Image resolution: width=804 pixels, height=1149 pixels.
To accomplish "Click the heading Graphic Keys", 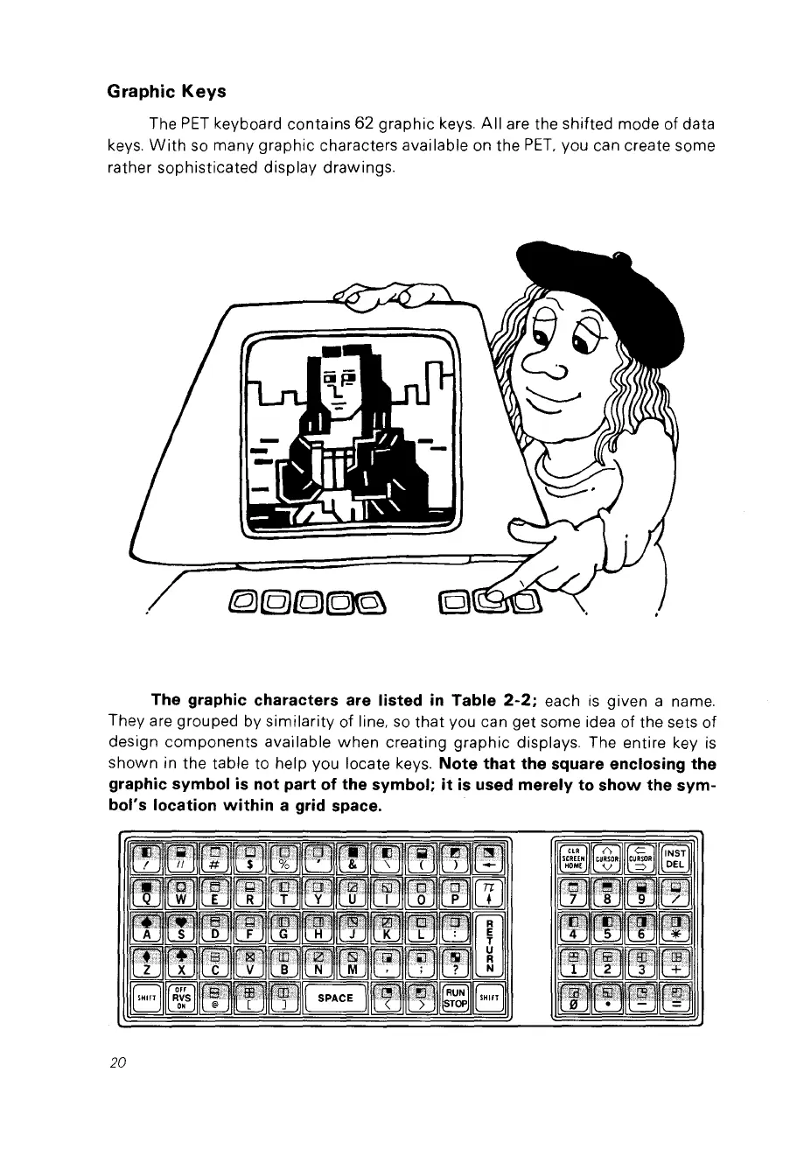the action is click(x=167, y=91).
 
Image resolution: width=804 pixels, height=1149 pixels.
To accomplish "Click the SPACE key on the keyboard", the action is click(x=335, y=997).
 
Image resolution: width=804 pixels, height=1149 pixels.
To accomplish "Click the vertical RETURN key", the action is click(x=490, y=935).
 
